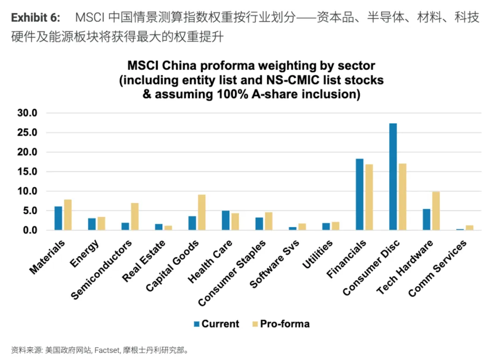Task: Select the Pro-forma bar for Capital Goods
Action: (202, 212)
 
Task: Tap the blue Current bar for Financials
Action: (359, 194)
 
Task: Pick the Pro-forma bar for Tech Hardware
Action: (436, 211)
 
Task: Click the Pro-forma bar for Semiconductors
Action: (134, 217)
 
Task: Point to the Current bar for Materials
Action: (58, 218)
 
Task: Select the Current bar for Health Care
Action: (225, 220)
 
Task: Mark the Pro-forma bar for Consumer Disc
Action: (402, 197)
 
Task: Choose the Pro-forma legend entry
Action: (280, 324)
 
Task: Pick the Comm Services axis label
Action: (437, 269)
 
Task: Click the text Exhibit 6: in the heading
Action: (35, 18)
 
